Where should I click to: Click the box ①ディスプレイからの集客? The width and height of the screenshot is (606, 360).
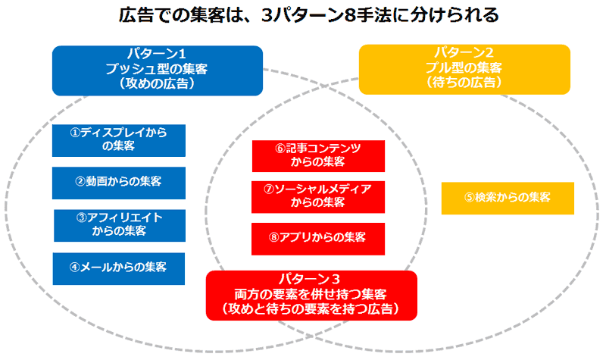click(x=118, y=140)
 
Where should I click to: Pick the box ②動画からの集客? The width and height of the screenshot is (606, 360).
click(x=118, y=182)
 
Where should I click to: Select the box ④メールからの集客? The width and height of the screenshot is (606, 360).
click(x=118, y=268)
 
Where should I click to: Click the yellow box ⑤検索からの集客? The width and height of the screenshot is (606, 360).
click(x=508, y=197)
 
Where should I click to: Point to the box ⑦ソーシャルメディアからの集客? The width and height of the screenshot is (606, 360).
click(x=318, y=196)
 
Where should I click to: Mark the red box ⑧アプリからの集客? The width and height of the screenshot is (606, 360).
click(x=318, y=238)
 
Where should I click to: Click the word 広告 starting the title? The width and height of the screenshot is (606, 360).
click(x=134, y=16)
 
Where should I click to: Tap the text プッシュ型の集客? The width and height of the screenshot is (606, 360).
click(x=157, y=69)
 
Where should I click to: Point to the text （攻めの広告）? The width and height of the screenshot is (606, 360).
click(x=157, y=83)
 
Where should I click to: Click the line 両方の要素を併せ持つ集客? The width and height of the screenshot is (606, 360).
click(x=311, y=294)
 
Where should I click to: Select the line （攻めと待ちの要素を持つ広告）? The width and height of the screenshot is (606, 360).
click(x=311, y=309)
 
